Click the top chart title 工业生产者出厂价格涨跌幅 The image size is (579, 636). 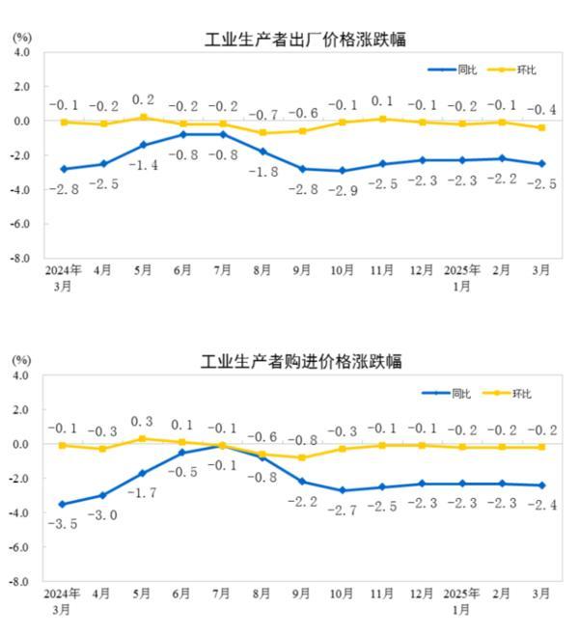tap(305, 40)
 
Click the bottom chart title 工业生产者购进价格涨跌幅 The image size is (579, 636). tap(301, 362)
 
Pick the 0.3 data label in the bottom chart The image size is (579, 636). tap(143, 422)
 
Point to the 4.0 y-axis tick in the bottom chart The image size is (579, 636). tap(20, 374)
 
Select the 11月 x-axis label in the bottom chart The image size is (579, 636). tap(382, 595)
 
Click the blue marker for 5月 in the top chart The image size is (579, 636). tap(143, 145)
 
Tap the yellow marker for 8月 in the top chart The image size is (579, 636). tap(263, 133)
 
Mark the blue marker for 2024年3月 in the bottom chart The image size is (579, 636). tap(63, 504)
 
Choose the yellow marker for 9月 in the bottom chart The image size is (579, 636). tap(302, 457)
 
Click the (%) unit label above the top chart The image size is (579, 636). tap(21, 36)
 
